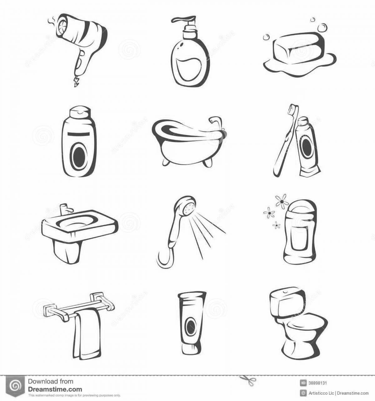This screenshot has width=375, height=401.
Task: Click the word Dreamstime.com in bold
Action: click(55, 389)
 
